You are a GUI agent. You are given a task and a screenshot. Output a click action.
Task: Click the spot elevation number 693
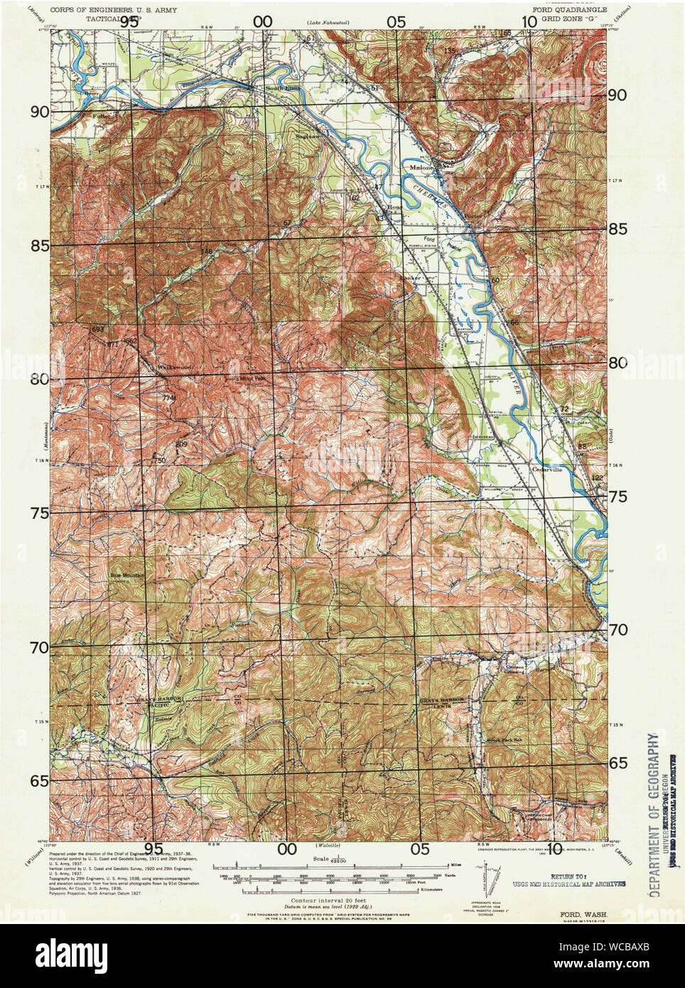pos(97,330)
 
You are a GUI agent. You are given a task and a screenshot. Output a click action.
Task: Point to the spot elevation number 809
pos(180,445)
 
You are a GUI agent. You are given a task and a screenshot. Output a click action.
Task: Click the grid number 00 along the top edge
pos(263,22)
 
